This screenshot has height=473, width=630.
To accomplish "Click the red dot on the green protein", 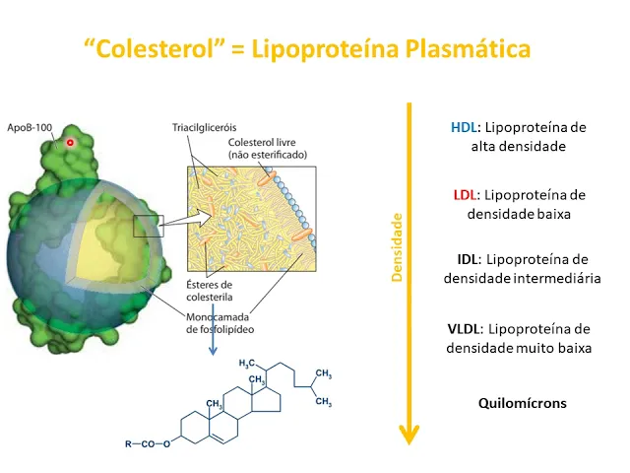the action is click(70, 143).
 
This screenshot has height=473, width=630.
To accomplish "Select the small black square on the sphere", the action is click(146, 226).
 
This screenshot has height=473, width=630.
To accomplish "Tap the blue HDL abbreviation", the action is click(463, 128).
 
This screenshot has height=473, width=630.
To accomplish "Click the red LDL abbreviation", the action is click(467, 194).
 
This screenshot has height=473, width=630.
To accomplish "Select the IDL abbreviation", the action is click(469, 259).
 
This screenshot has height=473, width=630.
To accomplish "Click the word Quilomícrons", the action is click(522, 403).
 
